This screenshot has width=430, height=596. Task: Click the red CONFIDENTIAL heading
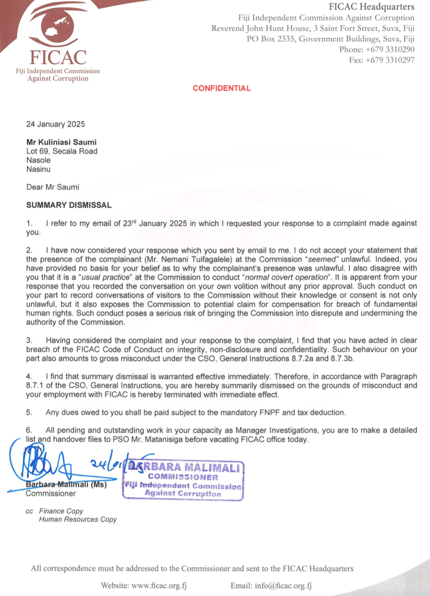222,88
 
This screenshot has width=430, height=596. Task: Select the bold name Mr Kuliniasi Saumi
58,143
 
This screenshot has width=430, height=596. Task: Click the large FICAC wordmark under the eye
58,58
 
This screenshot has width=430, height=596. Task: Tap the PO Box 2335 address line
330,39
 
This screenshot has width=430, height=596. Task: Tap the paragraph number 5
29,412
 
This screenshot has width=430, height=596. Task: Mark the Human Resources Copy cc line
78,519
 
